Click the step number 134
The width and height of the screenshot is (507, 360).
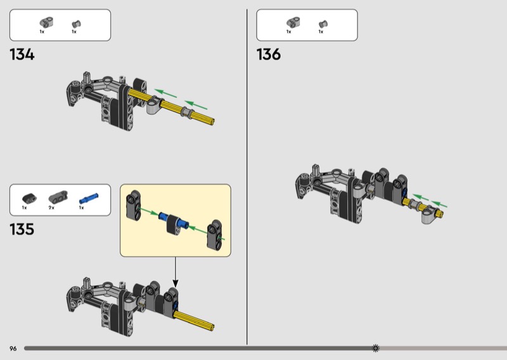(x=22, y=55)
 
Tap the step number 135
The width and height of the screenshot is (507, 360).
(x=22, y=229)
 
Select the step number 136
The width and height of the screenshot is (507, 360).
(x=269, y=55)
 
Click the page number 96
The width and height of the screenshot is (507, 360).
(x=13, y=349)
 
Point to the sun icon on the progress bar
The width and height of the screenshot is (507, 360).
(x=375, y=348)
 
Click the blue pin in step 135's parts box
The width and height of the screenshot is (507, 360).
(x=89, y=198)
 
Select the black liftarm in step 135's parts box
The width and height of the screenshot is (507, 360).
(x=29, y=198)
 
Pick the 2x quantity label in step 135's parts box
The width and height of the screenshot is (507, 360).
(x=51, y=208)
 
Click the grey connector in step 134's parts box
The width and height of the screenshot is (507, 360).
(x=46, y=22)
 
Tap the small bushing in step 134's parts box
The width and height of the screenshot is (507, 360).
(x=76, y=24)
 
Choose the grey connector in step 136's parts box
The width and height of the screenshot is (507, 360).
(x=293, y=22)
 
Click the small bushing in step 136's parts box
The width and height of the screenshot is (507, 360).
(x=323, y=24)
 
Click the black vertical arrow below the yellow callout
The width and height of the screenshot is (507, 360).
(x=176, y=273)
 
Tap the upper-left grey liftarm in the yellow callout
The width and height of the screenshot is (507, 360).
(x=133, y=205)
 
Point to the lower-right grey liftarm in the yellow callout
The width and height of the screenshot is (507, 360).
(x=215, y=235)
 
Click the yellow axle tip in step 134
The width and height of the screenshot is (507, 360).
(x=212, y=121)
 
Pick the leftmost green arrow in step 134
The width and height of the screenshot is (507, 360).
(x=165, y=93)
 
